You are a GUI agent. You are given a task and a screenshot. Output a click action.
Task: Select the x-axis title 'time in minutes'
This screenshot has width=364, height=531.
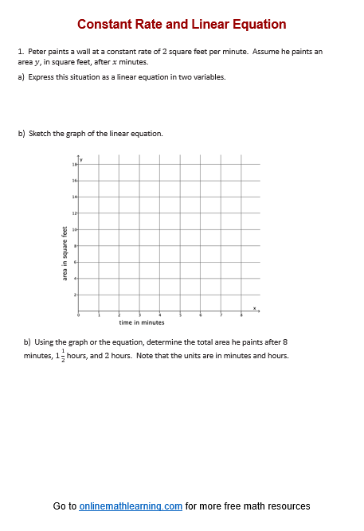tap(141, 322)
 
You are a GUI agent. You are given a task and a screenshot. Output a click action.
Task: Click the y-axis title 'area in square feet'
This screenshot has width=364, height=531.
tap(65, 253)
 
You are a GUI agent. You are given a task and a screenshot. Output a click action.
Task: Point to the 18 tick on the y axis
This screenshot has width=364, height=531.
tap(74, 164)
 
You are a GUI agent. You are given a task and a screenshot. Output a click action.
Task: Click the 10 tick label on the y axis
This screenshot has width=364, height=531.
tap(74, 229)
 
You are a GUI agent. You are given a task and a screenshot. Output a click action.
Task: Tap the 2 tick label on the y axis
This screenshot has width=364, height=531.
tap(75, 295)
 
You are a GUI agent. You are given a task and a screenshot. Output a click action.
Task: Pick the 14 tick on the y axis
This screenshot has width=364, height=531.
tap(74, 197)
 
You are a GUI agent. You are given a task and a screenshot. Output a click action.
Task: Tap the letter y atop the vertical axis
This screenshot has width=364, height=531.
tap(81, 159)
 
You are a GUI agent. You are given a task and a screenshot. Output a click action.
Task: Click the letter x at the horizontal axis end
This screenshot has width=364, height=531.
tap(255, 307)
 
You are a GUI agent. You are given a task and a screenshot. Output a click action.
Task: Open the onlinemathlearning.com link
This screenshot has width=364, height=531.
tap(131, 506)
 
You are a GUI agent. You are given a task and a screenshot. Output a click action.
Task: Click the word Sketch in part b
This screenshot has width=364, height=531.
tap(40, 134)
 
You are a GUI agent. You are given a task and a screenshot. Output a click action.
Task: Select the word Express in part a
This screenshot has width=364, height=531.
tap(41, 77)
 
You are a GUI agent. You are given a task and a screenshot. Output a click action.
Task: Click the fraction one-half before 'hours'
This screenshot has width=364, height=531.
tap(61, 356)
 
